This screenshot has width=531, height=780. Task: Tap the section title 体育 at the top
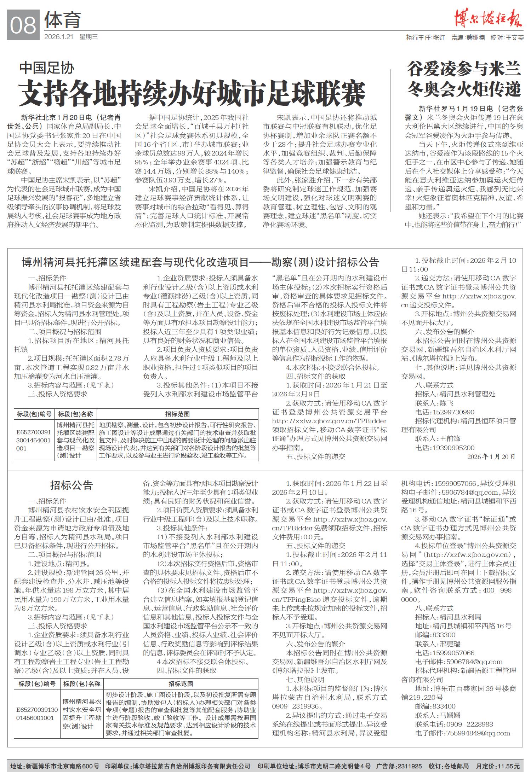pos(63,20)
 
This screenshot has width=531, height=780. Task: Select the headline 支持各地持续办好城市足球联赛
pos(192,93)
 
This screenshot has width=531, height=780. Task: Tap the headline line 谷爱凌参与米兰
pos(464,69)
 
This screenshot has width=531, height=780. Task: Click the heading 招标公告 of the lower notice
pos(72,485)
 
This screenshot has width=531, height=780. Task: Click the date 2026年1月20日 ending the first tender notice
pos(491,456)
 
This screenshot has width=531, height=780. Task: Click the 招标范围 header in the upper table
pos(177,414)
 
